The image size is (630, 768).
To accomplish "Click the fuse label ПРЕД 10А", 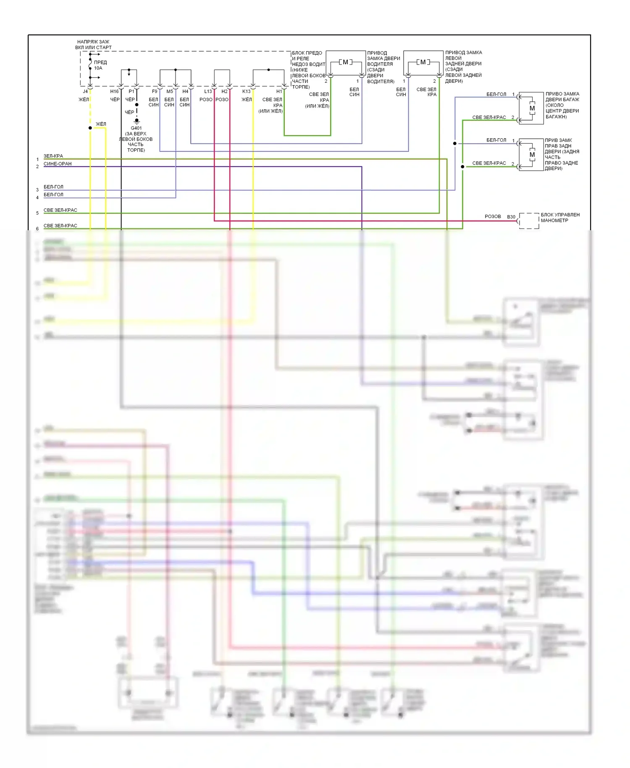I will [100, 65].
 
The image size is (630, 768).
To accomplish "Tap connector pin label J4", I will [85, 92].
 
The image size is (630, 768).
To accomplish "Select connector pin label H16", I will [114, 92].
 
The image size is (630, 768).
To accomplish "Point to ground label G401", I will [136, 128].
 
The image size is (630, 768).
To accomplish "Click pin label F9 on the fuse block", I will [155, 92].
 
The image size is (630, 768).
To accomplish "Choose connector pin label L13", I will [208, 92].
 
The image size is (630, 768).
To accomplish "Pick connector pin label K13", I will [246, 92].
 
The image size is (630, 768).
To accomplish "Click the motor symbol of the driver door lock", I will [346, 62].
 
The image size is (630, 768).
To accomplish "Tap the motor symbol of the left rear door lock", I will [423, 62].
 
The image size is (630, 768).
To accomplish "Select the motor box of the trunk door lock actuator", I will [531, 108].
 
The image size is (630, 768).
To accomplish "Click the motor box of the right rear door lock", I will [531, 154].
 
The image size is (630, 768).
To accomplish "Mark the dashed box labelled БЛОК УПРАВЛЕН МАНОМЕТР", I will [529, 221].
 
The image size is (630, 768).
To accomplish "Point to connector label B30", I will [511, 217].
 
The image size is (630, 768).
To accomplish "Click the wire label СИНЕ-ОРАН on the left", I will [58, 164].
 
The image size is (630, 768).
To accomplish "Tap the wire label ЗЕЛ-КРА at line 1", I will [53, 156].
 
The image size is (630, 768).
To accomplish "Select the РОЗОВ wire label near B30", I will [493, 216].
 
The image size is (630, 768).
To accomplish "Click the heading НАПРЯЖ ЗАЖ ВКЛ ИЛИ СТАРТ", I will [93, 45].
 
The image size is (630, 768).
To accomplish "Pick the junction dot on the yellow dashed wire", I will [90, 128].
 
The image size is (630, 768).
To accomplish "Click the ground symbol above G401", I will [136, 121].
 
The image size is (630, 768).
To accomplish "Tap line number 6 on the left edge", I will [37, 229].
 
